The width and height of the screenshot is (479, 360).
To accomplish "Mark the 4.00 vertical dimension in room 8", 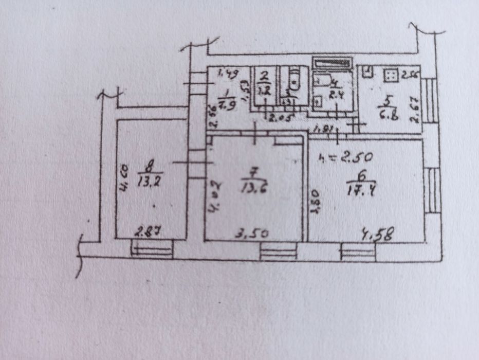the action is [x=124, y=178].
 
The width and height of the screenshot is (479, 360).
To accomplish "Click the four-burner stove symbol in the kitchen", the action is [x=391, y=75].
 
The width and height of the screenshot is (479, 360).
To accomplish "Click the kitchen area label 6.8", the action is [x=387, y=114].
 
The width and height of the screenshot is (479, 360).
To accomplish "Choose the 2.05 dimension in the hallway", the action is [x=281, y=118].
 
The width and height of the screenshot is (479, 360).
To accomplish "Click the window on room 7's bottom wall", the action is [x=278, y=251].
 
